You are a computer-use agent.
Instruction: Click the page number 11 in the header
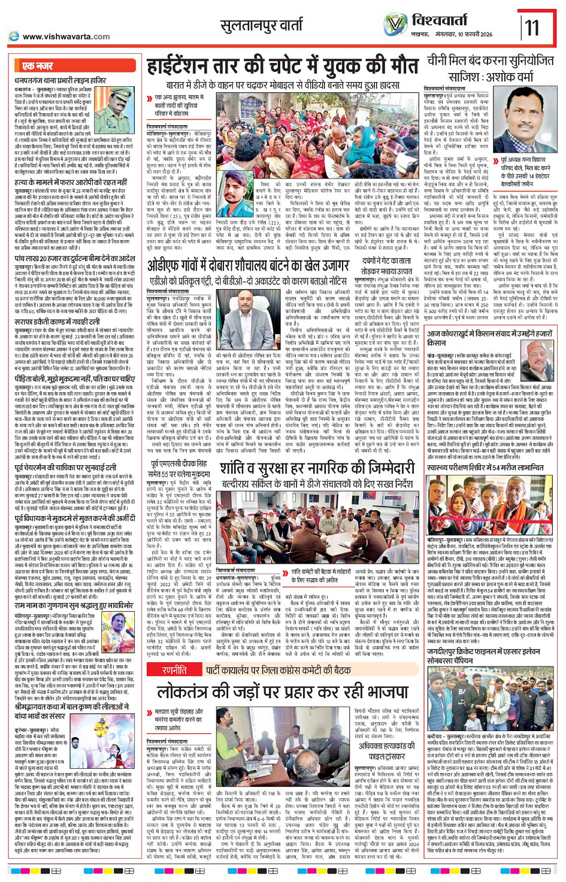point(532,28)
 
